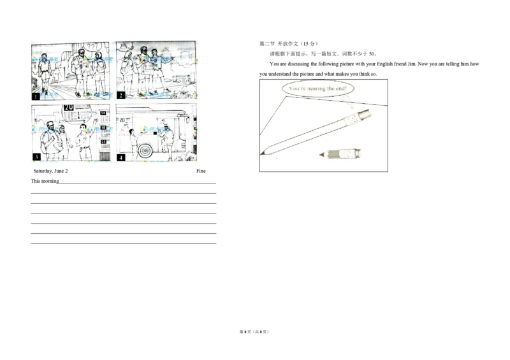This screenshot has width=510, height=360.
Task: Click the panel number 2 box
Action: [x=120, y=96]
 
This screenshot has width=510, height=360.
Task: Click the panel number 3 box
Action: [x=36, y=157]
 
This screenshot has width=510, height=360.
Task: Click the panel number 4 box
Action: [x=120, y=157]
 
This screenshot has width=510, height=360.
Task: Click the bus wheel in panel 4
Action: [x=146, y=150]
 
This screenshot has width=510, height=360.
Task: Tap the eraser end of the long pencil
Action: [x=366, y=113]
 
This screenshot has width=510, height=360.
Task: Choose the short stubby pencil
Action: [x=340, y=154]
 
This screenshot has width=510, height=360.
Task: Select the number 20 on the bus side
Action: [x=122, y=119]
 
